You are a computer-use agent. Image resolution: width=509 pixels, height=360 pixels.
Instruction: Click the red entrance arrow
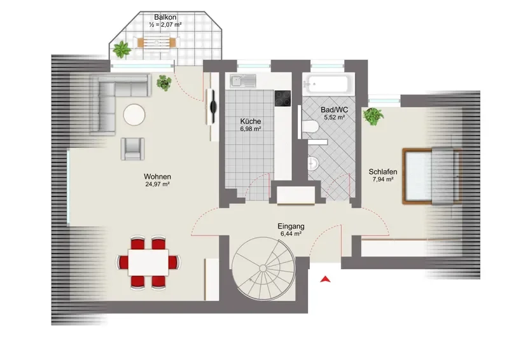(325, 279)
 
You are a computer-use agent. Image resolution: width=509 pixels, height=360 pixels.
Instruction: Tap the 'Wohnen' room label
(157, 177)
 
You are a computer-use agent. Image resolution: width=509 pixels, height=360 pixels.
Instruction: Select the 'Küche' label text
(251, 121)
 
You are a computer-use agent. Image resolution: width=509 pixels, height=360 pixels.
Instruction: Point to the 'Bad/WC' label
(335, 110)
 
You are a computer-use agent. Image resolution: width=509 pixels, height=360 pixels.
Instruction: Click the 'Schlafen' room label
(383, 172)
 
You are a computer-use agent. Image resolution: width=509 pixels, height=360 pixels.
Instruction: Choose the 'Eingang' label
(291, 226)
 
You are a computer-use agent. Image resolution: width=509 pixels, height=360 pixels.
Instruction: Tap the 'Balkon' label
(165, 17)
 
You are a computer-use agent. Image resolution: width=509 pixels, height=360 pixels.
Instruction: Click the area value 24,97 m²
(157, 184)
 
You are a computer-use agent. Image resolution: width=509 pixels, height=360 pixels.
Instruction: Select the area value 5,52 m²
(335, 118)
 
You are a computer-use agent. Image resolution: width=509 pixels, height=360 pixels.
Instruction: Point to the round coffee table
(134, 114)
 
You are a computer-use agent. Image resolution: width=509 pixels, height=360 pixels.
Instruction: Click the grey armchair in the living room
(133, 149)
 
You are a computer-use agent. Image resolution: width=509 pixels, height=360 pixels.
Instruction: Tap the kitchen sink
(243, 81)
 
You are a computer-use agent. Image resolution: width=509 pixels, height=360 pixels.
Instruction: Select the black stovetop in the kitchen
(282, 99)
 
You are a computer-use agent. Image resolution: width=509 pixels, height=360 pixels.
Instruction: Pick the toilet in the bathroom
(310, 127)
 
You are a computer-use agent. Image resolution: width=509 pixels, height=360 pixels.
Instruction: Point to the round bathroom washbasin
(313, 163)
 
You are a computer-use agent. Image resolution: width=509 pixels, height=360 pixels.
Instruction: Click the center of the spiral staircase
(263, 268)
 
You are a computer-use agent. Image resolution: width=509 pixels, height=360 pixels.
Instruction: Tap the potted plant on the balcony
(122, 50)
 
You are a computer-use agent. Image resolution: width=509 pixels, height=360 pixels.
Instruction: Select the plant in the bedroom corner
(373, 116)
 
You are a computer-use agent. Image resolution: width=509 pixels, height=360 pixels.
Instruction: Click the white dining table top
(148, 262)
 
